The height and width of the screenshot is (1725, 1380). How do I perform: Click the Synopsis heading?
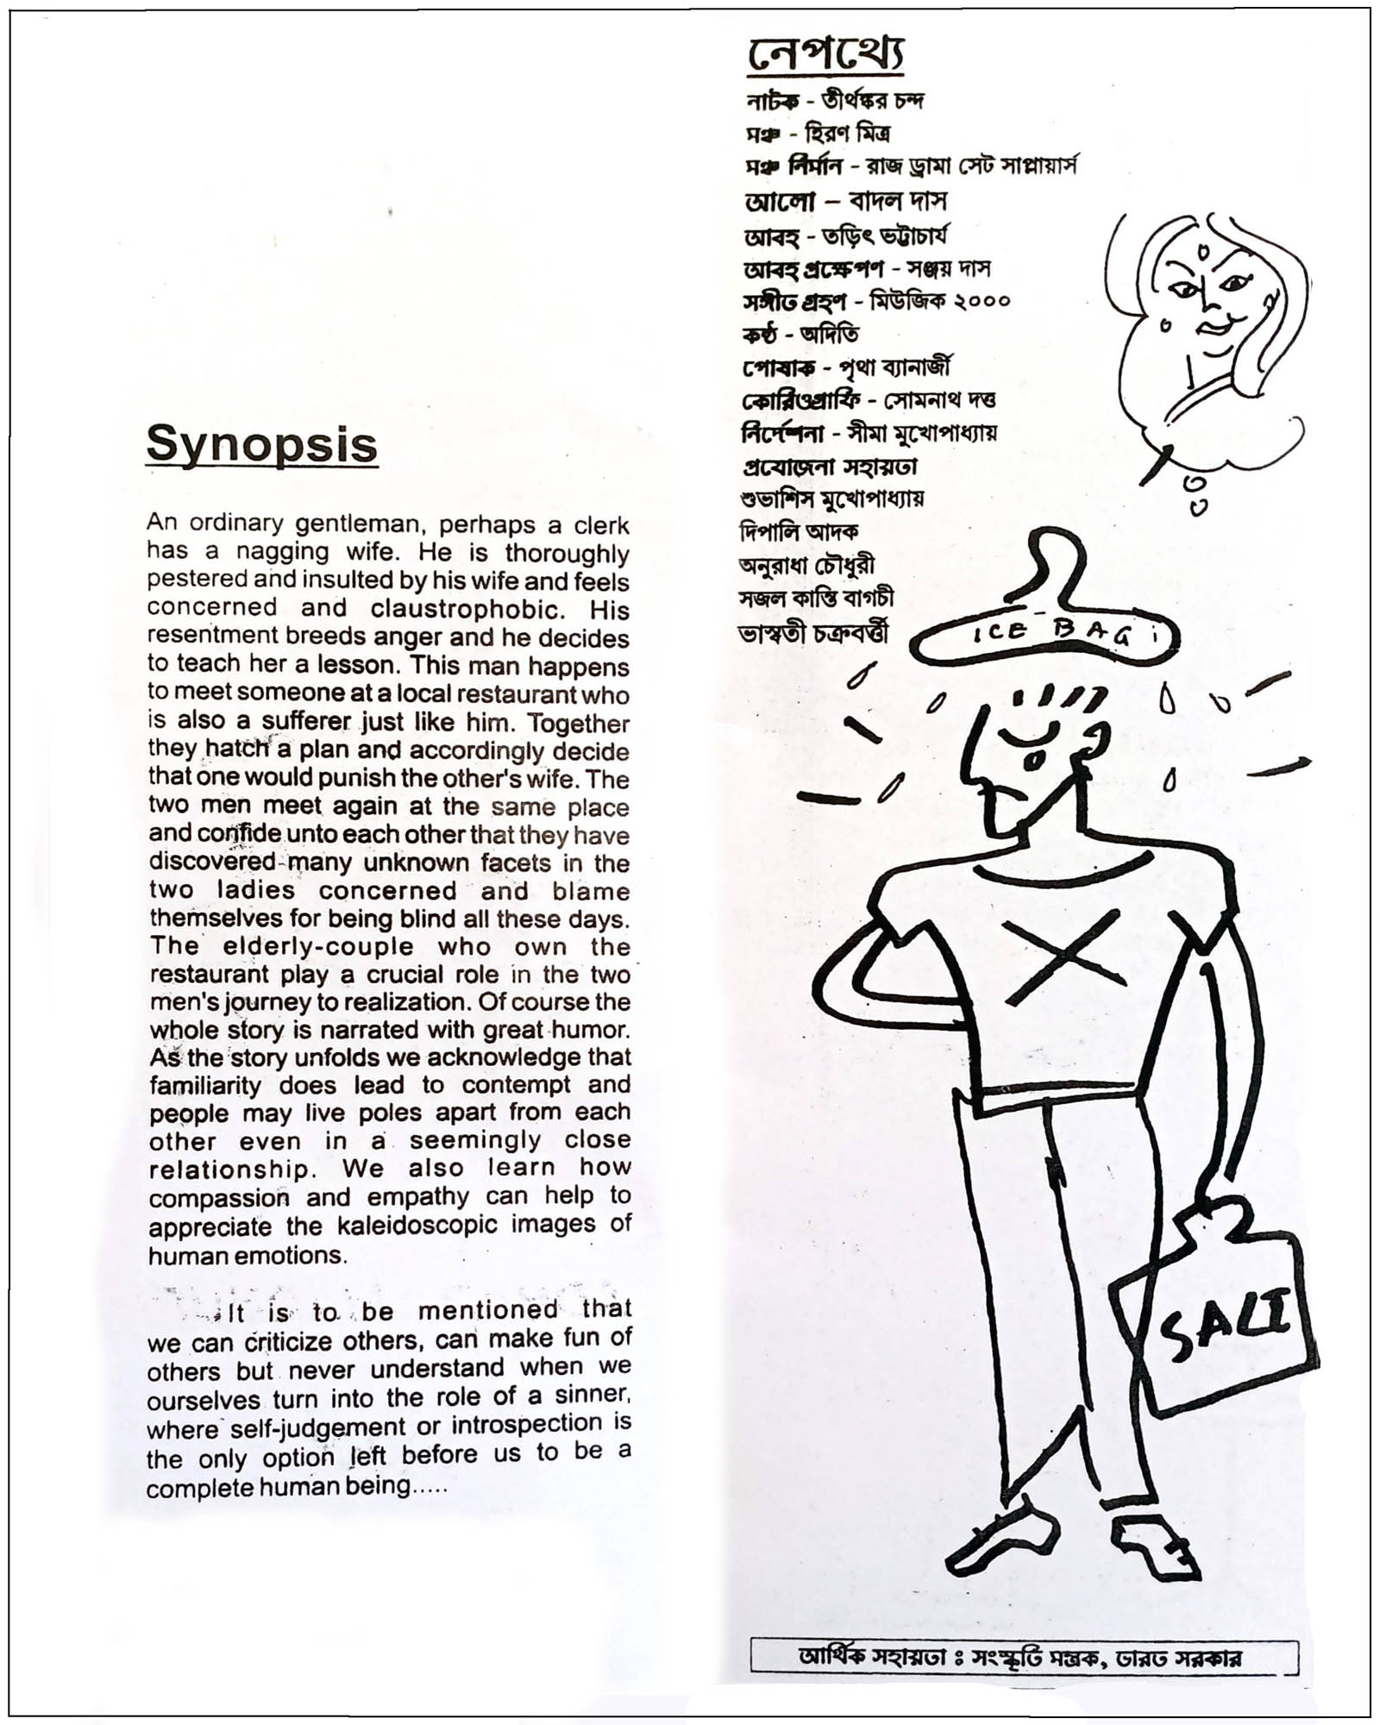point(261,445)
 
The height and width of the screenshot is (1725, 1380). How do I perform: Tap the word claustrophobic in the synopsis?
point(466,609)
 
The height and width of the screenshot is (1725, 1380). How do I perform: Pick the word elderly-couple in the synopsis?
point(318,946)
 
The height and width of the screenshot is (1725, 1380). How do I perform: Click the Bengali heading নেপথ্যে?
point(825,56)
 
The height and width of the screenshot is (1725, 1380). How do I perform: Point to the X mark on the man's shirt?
point(1066,957)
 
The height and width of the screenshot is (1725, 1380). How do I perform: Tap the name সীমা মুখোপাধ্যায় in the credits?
point(922,433)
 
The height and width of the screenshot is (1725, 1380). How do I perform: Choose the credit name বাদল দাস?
point(898,202)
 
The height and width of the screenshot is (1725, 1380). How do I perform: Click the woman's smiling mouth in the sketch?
point(1219,328)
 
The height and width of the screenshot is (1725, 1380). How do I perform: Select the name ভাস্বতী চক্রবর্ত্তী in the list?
point(812,634)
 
